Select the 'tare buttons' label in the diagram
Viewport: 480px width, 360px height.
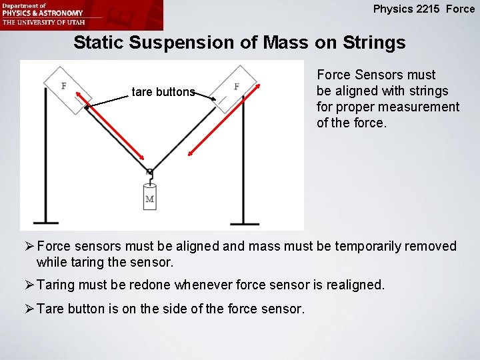163,92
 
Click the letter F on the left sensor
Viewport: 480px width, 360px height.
63,86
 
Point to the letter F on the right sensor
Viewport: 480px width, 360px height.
237,87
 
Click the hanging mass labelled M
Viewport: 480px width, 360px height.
150,198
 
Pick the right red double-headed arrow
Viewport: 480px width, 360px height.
227,121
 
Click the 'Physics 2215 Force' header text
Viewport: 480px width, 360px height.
424,9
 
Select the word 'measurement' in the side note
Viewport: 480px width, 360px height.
423,107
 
